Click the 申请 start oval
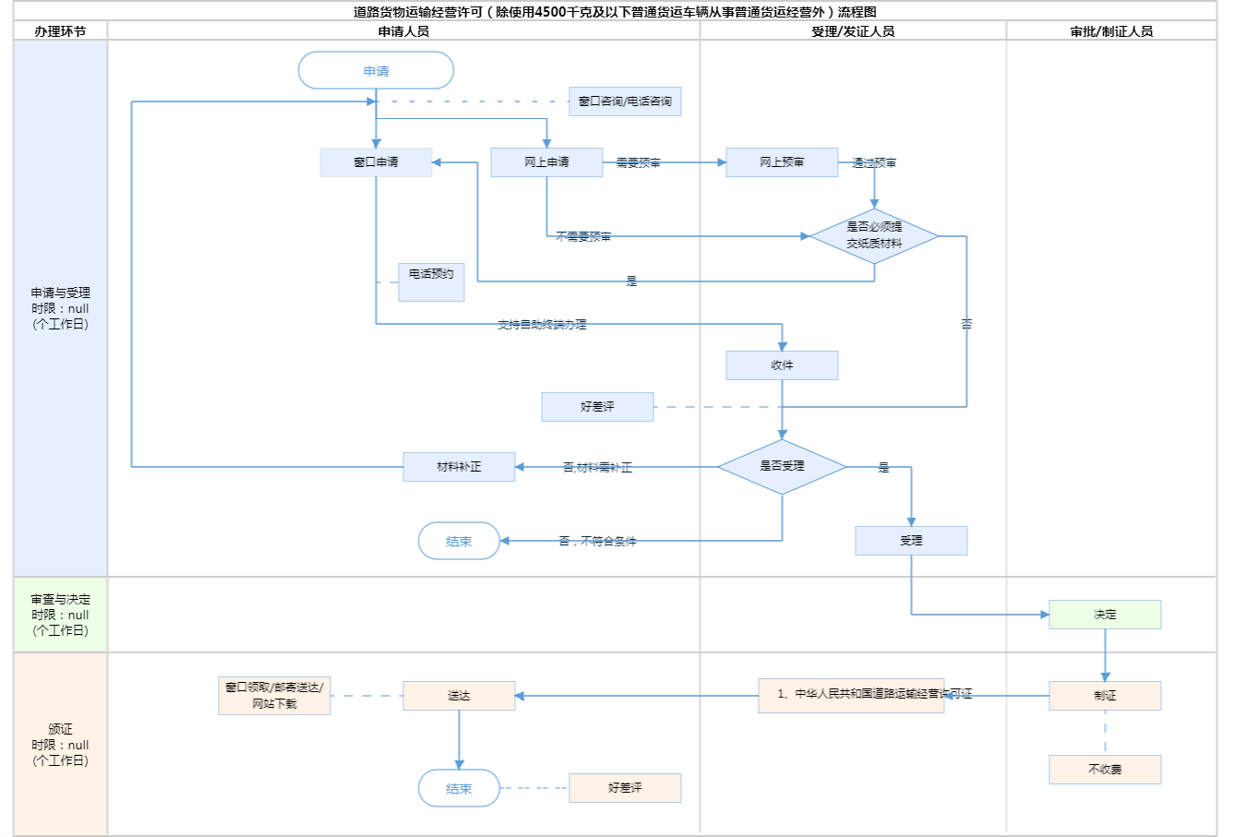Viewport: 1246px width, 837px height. (x=376, y=71)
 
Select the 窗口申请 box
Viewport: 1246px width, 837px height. (x=376, y=162)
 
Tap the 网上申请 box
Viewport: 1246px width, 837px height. (x=546, y=162)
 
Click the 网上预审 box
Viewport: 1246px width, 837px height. (x=782, y=162)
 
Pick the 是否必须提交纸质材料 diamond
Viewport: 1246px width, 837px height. (x=874, y=236)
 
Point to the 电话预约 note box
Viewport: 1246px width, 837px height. (x=431, y=281)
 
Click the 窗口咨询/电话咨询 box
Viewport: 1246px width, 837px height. (x=625, y=102)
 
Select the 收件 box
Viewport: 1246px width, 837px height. (x=782, y=365)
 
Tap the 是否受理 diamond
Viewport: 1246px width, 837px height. (x=782, y=467)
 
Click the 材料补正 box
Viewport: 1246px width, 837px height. (x=459, y=467)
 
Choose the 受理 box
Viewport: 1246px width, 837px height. (x=911, y=541)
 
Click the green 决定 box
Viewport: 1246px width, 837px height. (x=1105, y=615)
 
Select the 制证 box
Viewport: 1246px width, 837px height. (x=1105, y=696)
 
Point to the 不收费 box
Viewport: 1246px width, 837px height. (x=1105, y=770)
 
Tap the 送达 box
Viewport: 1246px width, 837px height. (x=459, y=696)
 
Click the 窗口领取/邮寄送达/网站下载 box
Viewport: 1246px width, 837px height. (x=274, y=696)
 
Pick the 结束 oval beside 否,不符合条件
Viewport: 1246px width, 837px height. (x=459, y=542)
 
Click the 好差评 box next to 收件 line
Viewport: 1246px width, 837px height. (x=597, y=407)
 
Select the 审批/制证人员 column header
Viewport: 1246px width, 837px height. (x=1111, y=31)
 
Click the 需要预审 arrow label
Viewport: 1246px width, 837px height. (x=638, y=163)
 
